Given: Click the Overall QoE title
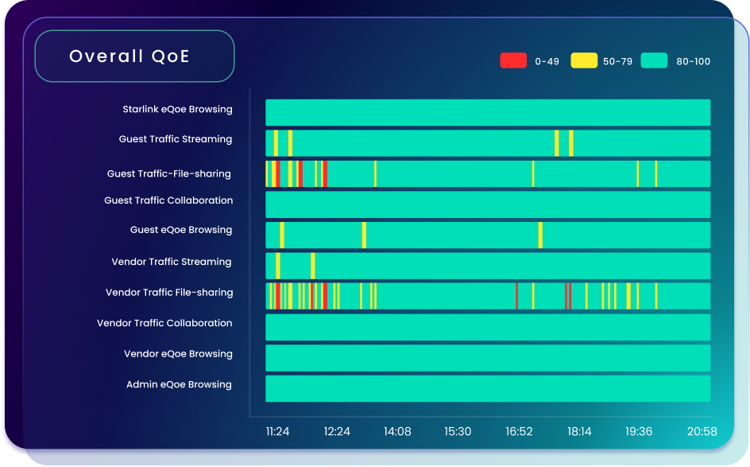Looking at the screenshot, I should [130, 56].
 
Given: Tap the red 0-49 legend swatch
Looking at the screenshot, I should [513, 60].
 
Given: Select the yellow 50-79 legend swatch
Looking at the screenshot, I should [584, 60].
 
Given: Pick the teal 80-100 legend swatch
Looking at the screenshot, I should [655, 60].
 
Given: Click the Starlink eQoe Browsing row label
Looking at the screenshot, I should [177, 109].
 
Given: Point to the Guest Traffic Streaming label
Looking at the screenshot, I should [176, 139].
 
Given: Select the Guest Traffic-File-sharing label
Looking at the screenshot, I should [168, 173].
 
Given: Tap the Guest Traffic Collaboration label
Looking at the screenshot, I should [168, 200].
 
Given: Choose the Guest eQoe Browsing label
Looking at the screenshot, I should [181, 230].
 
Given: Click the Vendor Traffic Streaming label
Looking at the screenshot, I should [172, 262].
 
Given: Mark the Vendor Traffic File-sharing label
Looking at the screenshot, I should [169, 293].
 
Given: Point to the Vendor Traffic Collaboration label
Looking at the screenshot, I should [164, 323].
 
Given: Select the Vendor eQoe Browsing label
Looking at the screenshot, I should [178, 354].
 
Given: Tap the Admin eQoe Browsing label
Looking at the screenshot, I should [179, 385].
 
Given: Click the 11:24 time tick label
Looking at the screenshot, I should [277, 432].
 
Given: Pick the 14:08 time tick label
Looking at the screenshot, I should [397, 432].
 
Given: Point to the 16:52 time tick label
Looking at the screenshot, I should [519, 432].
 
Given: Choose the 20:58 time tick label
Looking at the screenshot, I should [702, 432].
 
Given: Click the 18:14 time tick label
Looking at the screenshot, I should [579, 432].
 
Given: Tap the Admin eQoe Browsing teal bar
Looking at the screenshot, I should [487, 388].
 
